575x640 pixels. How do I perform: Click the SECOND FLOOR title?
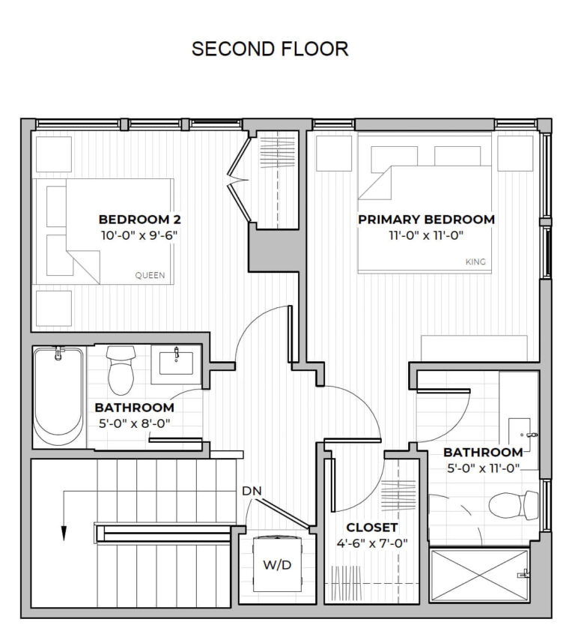coord(270,49)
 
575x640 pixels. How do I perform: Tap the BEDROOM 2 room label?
coord(139,220)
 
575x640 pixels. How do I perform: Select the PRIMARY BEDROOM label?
coord(426,220)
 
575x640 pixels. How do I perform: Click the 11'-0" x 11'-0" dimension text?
coord(426,235)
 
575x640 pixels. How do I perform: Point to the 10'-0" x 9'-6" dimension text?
coord(139,235)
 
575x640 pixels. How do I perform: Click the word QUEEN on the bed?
coord(150,275)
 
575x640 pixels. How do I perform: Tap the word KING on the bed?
coord(475,262)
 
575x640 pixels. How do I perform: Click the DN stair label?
coord(251,491)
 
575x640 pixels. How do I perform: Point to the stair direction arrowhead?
coord(64,533)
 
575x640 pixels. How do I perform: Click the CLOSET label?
coord(372,528)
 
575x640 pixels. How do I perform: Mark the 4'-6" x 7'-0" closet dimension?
coord(372,543)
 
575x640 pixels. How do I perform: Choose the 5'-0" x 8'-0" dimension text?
coord(134,423)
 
